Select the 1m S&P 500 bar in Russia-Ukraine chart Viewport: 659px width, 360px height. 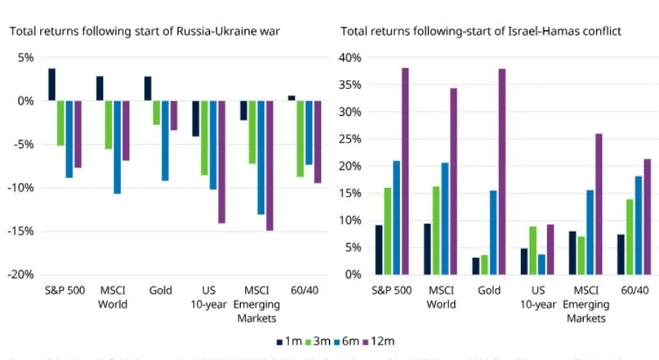click(x=52, y=84)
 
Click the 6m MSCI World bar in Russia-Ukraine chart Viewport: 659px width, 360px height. click(x=117, y=147)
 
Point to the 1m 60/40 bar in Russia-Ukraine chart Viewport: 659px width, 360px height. click(x=291, y=98)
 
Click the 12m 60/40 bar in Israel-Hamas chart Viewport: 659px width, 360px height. click(x=646, y=216)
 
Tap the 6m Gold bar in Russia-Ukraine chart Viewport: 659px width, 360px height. click(x=165, y=140)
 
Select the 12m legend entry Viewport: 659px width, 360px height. click(x=380, y=342)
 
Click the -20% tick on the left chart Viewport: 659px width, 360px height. click(x=20, y=274)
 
